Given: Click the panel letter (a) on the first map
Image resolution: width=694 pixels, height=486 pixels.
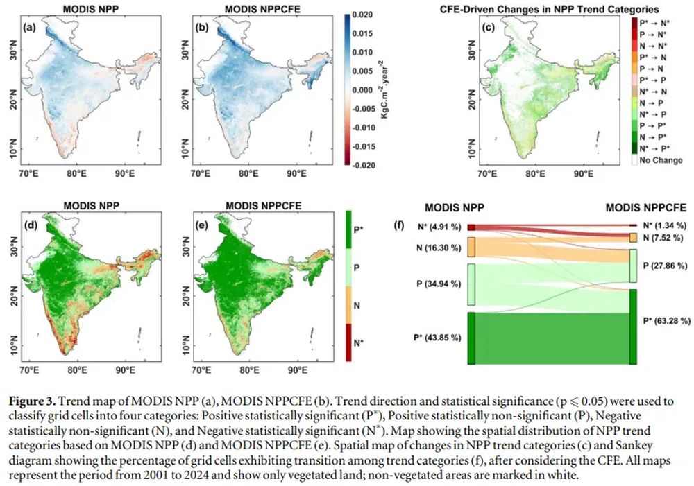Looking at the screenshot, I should coord(30,28).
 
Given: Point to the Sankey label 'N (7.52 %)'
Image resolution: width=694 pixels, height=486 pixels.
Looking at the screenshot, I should coord(662,238).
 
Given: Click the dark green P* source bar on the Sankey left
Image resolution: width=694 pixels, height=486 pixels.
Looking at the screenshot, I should coord(471,338).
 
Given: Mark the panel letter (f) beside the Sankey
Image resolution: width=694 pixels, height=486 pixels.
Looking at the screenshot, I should coord(398,225).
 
